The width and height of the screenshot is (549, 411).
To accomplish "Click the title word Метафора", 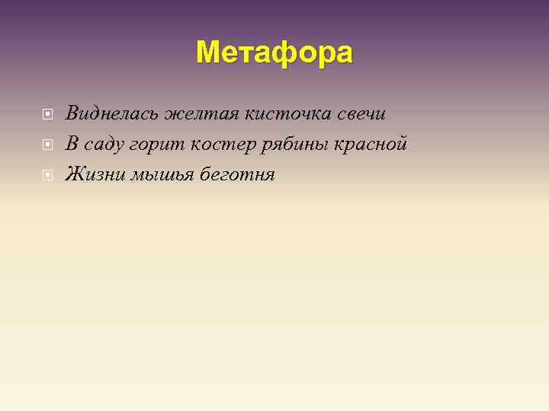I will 274,53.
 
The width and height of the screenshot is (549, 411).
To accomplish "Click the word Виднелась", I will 112,113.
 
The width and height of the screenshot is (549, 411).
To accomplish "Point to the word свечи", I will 361,113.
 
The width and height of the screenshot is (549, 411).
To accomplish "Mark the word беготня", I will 237,174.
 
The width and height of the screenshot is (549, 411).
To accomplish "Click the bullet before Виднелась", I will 47,114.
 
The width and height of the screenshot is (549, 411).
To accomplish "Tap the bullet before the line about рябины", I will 47,145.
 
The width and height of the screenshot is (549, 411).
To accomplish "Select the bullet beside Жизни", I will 47,175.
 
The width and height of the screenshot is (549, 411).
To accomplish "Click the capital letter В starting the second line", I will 72,144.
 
